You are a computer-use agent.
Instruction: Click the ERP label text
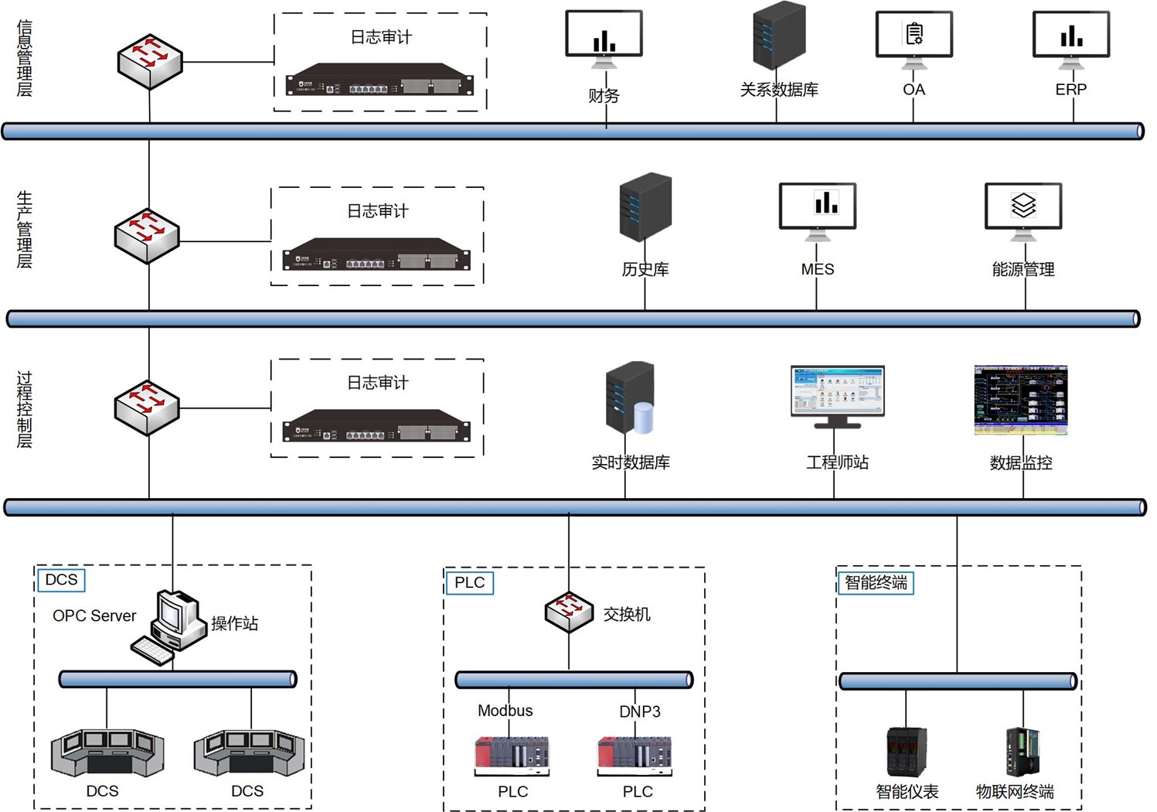1070,90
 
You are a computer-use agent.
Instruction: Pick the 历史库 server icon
645,207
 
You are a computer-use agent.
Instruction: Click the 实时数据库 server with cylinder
630,397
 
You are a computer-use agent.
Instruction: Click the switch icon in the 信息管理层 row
150,61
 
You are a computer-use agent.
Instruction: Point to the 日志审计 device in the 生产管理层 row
377,255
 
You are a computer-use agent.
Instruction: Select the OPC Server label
94,616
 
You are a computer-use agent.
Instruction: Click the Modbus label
505,711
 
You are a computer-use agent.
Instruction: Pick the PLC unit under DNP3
635,755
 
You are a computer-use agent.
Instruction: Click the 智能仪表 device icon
906,751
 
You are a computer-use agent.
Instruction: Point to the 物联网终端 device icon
1023,751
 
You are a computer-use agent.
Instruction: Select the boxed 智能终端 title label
876,582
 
